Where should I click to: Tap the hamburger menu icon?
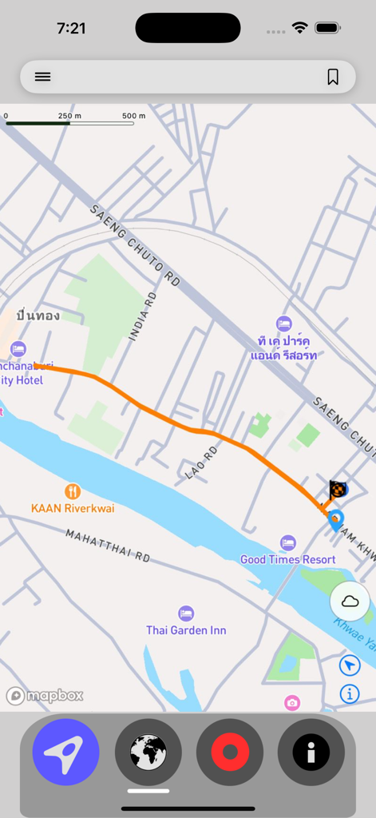[42, 77]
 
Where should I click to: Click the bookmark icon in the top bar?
[333, 77]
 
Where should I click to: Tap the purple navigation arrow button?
[65, 752]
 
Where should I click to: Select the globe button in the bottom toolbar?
[148, 752]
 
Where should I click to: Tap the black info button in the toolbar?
[311, 752]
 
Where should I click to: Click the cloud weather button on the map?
[350, 602]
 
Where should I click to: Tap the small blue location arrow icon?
[350, 665]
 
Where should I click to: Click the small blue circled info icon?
[350, 693]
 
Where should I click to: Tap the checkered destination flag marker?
[338, 489]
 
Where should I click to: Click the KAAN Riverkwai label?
[73, 508]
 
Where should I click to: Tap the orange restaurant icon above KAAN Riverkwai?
[73, 490]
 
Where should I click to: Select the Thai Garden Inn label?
[186, 630]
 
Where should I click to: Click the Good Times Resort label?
[288, 560]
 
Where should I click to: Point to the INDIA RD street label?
[143, 316]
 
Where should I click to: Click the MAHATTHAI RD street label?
[108, 545]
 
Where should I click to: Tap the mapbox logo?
[45, 696]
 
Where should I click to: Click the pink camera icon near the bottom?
[292, 702]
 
